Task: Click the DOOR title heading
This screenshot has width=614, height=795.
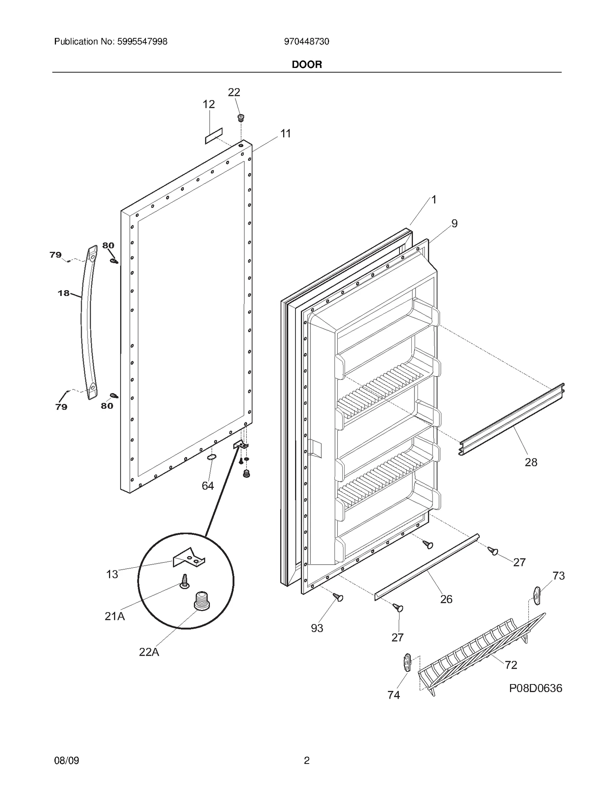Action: [x=307, y=64]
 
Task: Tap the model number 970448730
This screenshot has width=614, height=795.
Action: [x=307, y=41]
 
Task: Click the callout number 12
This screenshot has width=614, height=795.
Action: [x=208, y=104]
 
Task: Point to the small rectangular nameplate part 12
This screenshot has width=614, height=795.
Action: [x=214, y=136]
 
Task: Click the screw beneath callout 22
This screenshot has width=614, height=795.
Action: [x=241, y=117]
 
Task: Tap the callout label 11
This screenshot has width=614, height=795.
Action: [x=285, y=134]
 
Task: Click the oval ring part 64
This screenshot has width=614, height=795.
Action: [x=211, y=457]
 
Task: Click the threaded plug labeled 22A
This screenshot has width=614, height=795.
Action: [x=201, y=601]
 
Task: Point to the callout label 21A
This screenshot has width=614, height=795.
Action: [x=115, y=616]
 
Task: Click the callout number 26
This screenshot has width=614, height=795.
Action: [x=446, y=599]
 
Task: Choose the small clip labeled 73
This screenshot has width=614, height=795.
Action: [x=536, y=595]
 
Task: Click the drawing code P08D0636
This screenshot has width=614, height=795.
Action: [x=535, y=688]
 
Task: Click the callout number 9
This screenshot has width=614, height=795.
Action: [x=454, y=223]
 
